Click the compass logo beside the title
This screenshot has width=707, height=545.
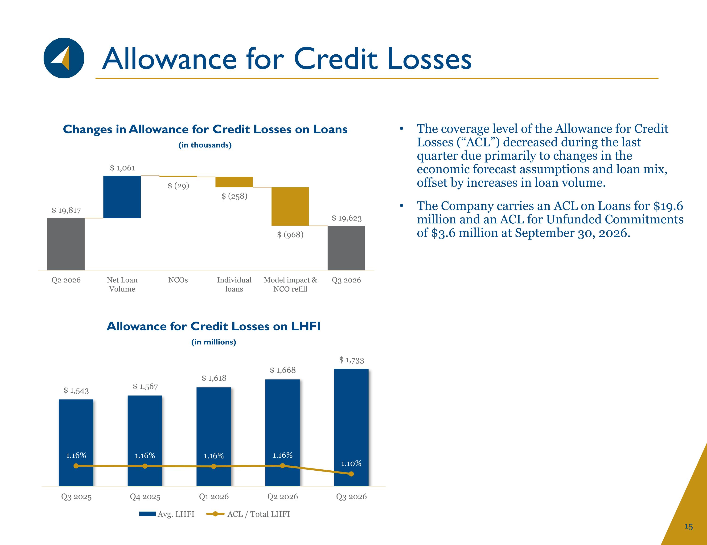[64, 58]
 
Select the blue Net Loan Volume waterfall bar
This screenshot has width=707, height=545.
[122, 197]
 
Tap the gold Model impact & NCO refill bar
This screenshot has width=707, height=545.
[290, 206]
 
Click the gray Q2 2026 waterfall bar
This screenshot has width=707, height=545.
[66, 244]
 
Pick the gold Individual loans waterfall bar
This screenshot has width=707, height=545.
[234, 182]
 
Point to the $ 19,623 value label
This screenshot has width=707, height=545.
[346, 218]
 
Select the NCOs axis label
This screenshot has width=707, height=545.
[178, 280]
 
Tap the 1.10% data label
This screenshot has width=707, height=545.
[351, 464]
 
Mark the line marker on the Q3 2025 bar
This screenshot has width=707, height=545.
[76, 466]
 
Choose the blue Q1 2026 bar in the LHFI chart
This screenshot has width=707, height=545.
[214, 437]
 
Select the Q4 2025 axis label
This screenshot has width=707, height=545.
[145, 497]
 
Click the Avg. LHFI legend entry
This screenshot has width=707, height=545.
[167, 514]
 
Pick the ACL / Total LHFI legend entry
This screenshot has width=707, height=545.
[248, 514]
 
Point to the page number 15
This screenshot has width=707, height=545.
[689, 527]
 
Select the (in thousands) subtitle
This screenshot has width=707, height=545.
[205, 145]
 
